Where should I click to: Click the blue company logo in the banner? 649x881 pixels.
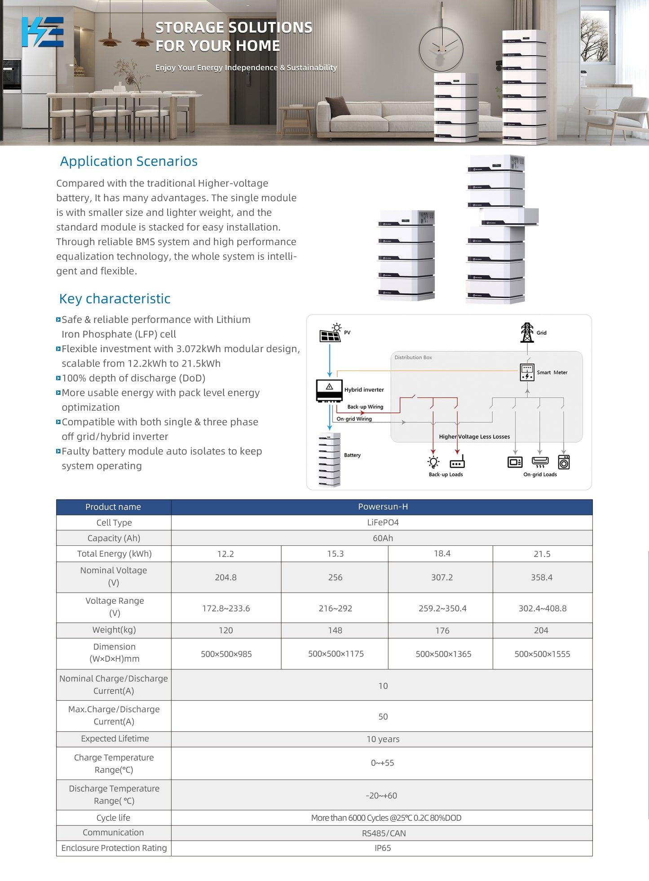(43, 32)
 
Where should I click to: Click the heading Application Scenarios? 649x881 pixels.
(129, 161)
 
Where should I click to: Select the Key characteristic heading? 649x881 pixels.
(115, 299)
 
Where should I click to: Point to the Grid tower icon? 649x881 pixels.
(527, 332)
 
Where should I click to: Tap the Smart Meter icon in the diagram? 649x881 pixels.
(527, 372)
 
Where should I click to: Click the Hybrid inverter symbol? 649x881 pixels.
(329, 390)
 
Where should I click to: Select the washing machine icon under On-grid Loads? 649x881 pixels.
(564, 462)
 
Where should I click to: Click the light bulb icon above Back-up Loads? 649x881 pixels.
(433, 462)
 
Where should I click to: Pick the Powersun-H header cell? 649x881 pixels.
(383, 507)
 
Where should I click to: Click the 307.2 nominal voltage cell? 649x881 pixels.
(442, 577)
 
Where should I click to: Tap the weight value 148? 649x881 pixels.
(335, 630)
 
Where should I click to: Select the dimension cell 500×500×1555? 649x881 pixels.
(542, 654)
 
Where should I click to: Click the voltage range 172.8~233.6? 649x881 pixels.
(226, 608)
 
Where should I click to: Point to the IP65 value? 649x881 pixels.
(383, 848)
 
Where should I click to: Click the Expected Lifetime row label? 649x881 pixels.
(115, 739)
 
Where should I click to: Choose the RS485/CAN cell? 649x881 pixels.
(384, 833)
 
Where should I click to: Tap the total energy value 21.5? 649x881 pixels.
(542, 554)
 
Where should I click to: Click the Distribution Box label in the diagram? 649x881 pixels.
(413, 358)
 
